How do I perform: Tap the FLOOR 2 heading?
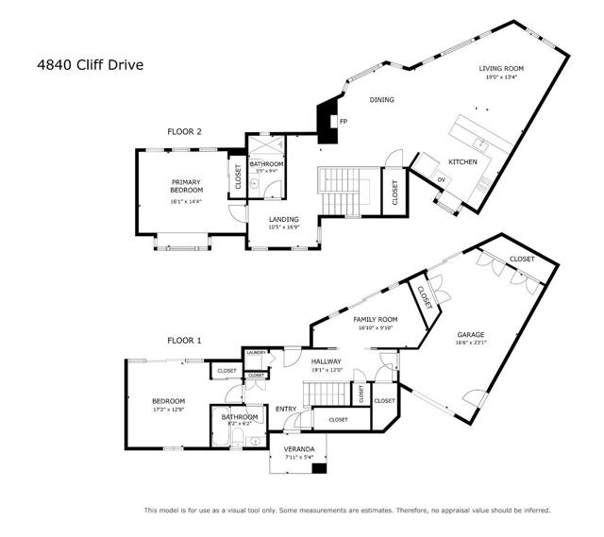pyautogui.click(x=184, y=132)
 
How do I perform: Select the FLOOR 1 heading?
pyautogui.click(x=184, y=340)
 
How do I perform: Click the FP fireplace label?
pyautogui.click(x=344, y=122)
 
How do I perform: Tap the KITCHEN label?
pyautogui.click(x=462, y=161)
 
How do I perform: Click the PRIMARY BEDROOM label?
pyautogui.click(x=187, y=186)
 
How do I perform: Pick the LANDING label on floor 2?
pyautogui.click(x=283, y=219)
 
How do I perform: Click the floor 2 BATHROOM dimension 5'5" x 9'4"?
pyautogui.click(x=265, y=171)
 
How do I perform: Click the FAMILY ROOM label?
pyautogui.click(x=375, y=320)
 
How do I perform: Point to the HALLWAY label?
pyautogui.click(x=330, y=361)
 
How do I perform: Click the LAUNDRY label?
pyautogui.click(x=257, y=352)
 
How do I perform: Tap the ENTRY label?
pyautogui.click(x=286, y=409)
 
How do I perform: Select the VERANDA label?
pyautogui.click(x=299, y=449)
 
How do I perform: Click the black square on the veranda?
pyautogui.click(x=319, y=468)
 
